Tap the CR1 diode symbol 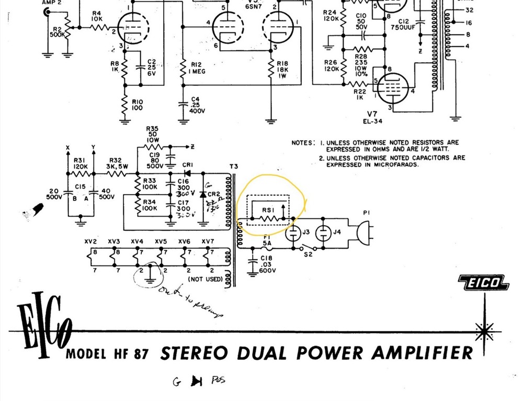coord(186,173)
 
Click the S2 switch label coord(308,255)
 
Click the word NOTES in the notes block coord(303,142)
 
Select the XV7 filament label coord(208,241)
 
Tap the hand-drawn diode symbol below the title coord(196,381)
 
